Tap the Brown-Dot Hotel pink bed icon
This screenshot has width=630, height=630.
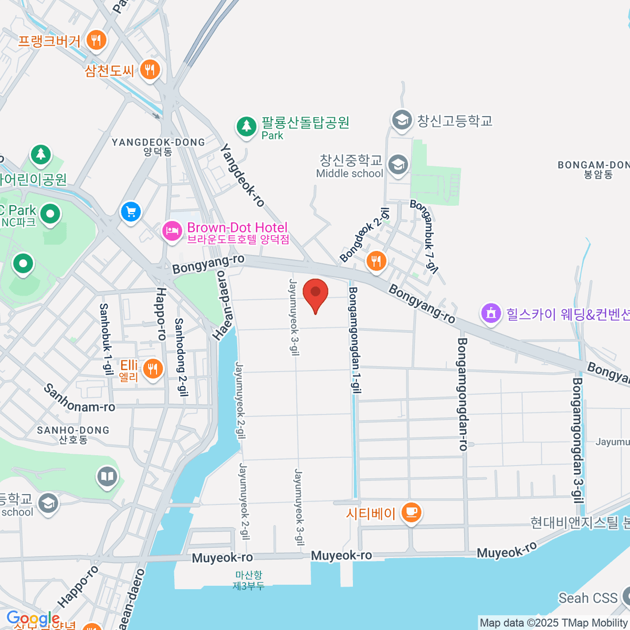pyautogui.click(x=172, y=232)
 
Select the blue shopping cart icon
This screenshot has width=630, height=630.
pyautogui.click(x=131, y=212)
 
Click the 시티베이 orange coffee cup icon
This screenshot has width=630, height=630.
pyautogui.click(x=411, y=512)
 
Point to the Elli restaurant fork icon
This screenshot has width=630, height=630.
pyautogui.click(x=152, y=369)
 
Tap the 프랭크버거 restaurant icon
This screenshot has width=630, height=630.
pyautogui.click(x=96, y=40)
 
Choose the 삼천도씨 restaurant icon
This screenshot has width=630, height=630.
pyautogui.click(x=150, y=69)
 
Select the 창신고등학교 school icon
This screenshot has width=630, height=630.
pyautogui.click(x=402, y=120)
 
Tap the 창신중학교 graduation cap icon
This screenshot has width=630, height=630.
pyautogui.click(x=398, y=164)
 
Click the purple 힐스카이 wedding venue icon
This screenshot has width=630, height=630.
pyautogui.click(x=491, y=314)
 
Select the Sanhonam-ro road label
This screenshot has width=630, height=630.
pyautogui.click(x=79, y=399)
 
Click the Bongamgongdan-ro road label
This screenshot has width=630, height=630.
pyautogui.click(x=463, y=394)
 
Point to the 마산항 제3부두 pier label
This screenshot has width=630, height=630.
pyautogui.click(x=248, y=581)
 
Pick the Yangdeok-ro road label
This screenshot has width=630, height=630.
pyautogui.click(x=243, y=175)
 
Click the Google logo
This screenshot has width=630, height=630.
pyautogui.click(x=33, y=618)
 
